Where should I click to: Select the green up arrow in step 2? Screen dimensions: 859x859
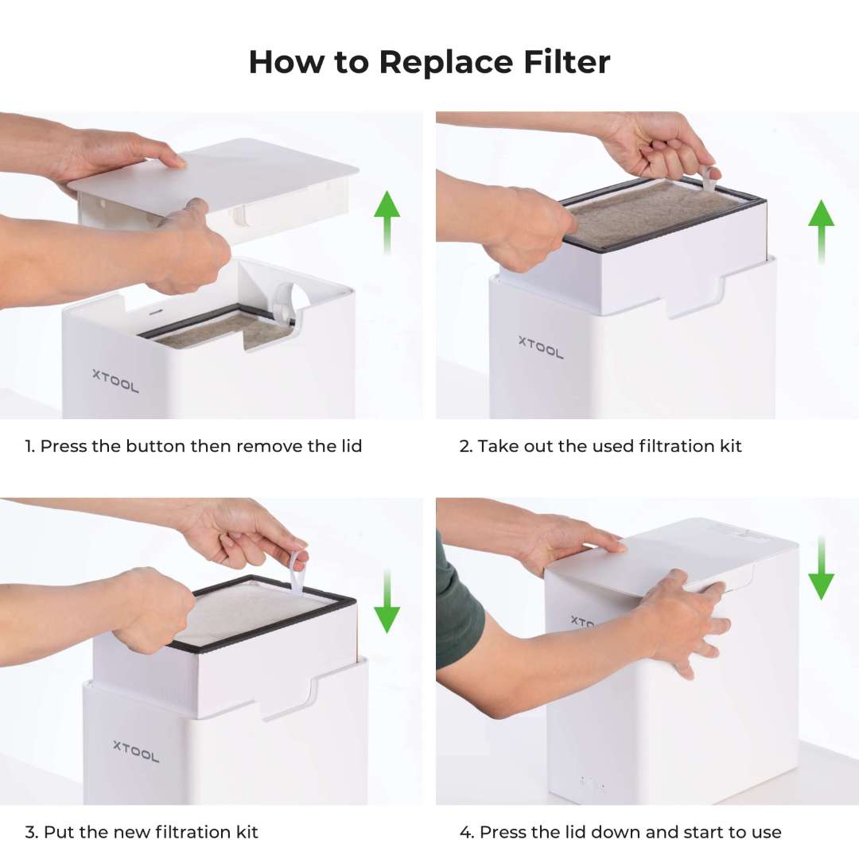[821, 231]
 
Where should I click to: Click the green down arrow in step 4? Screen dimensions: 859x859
[821, 568]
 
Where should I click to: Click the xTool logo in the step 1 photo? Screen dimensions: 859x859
[115, 381]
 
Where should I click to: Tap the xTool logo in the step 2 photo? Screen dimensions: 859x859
[541, 347]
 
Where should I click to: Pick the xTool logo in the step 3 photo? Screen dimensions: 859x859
[136, 750]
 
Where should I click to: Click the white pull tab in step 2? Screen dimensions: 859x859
[707, 179]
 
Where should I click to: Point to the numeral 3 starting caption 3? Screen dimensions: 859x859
[29, 833]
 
